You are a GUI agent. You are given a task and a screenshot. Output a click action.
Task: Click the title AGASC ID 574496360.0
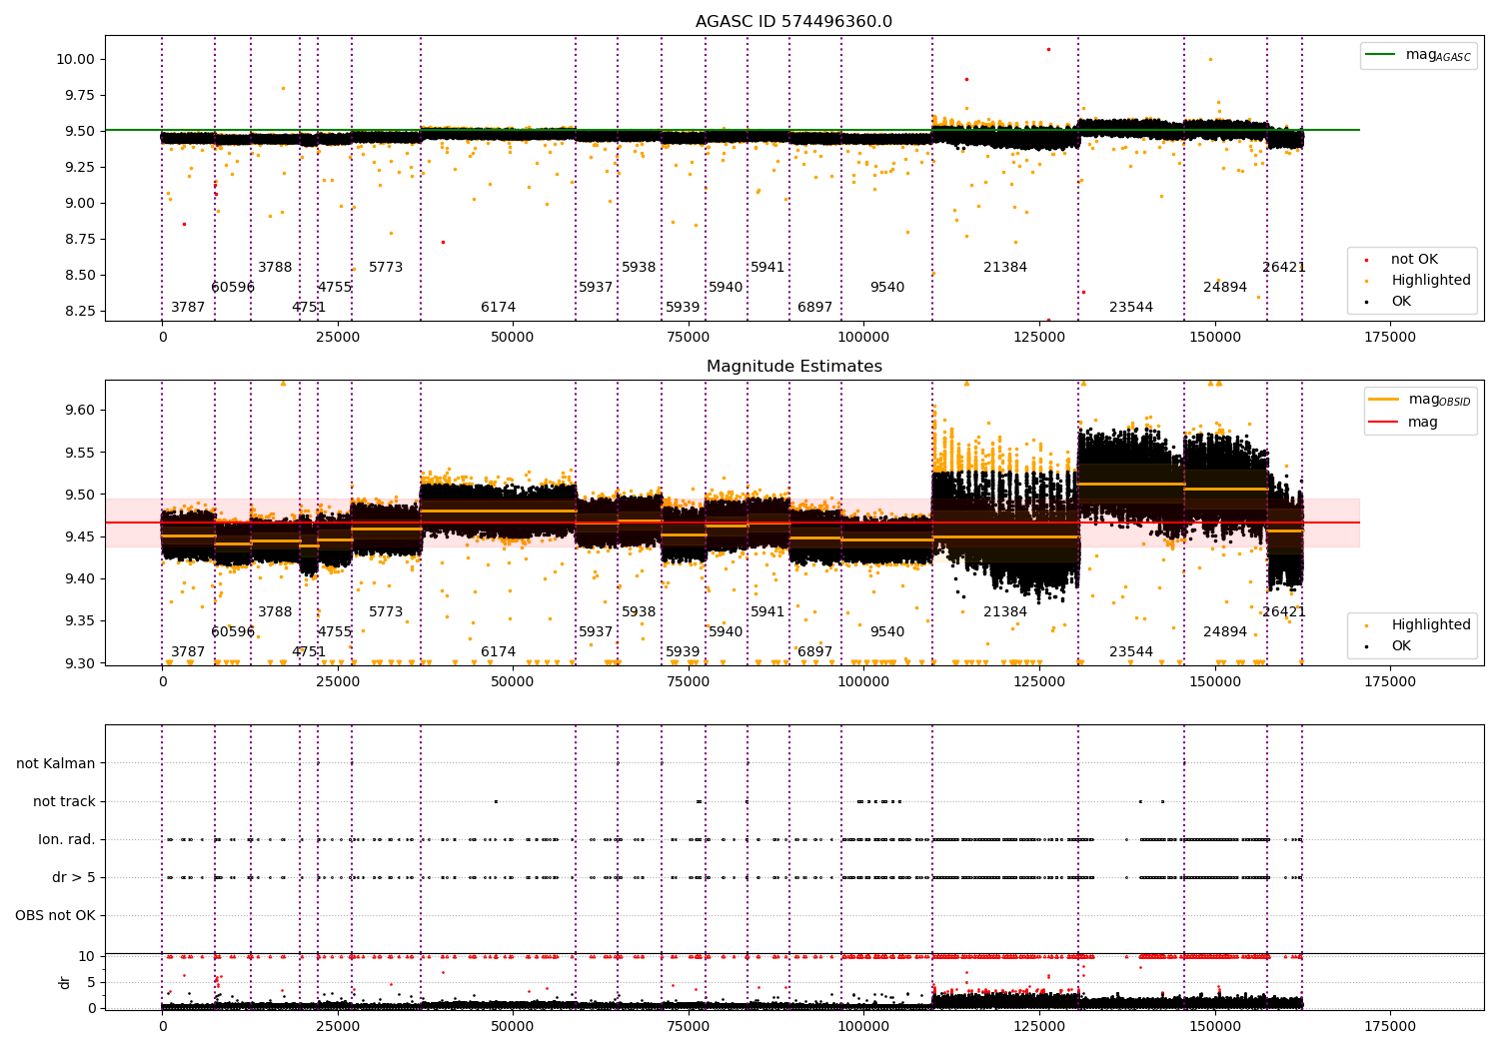tap(793, 22)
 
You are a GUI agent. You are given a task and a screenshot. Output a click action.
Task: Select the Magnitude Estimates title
tap(793, 367)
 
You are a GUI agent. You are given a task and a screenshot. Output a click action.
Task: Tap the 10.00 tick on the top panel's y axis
tap(74, 59)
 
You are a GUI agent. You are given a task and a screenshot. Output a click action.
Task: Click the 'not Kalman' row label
tap(56, 763)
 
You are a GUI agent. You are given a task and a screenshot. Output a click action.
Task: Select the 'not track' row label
tap(64, 801)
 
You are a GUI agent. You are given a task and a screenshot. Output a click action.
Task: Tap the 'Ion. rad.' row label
tap(67, 839)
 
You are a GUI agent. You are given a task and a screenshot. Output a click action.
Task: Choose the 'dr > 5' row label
tap(74, 877)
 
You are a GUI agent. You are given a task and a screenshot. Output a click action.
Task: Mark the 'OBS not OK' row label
tap(55, 915)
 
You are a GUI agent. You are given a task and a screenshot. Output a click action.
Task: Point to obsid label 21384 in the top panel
tap(1004, 267)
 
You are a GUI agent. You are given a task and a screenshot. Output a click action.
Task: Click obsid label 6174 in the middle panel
tap(498, 651)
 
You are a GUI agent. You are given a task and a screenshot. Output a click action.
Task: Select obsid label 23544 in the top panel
tap(1130, 307)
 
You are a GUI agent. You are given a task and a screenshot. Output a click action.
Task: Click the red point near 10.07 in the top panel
tap(1048, 49)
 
